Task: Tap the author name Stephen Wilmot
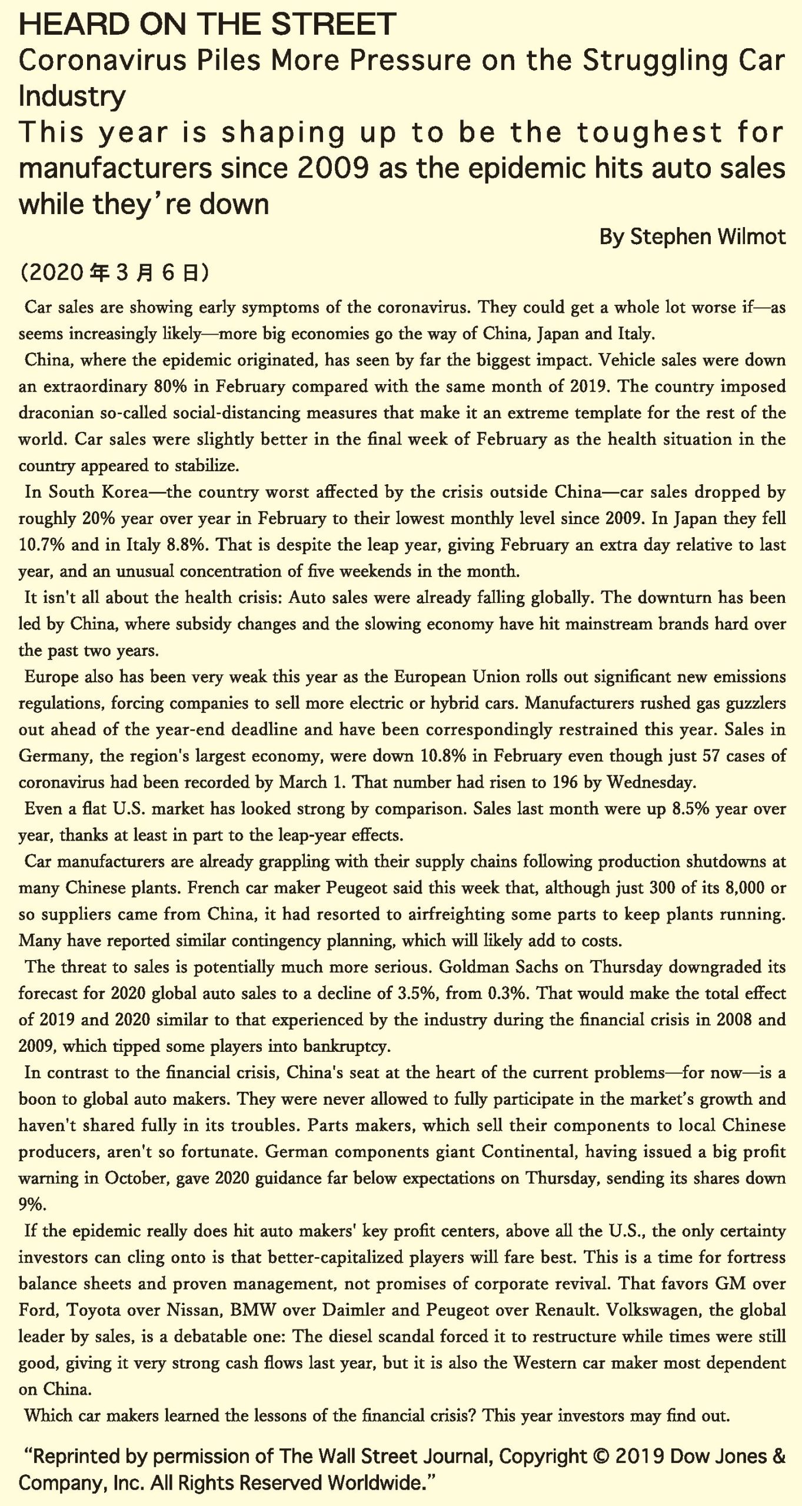coord(708,237)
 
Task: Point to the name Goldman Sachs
coord(500,967)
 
